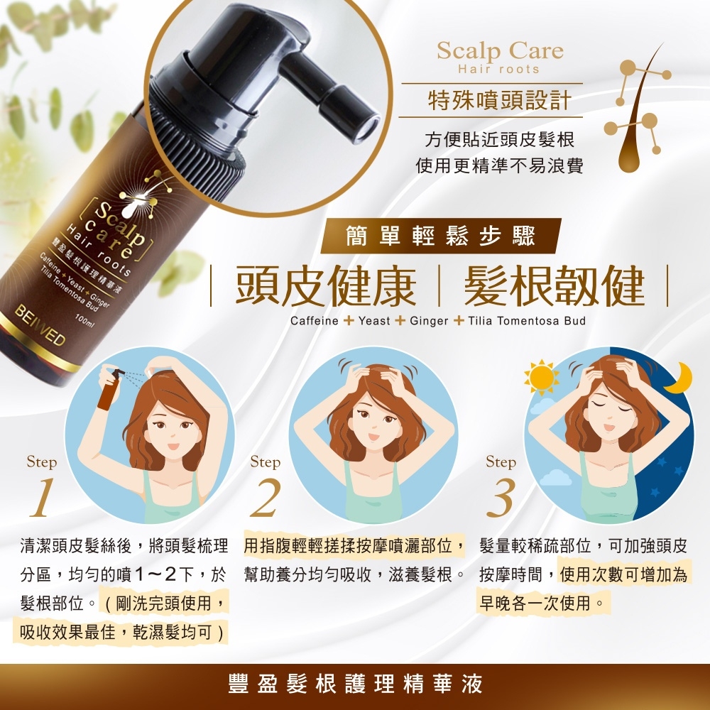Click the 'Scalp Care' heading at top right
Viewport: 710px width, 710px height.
pos(499,51)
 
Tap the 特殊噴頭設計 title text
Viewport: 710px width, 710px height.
pos(499,100)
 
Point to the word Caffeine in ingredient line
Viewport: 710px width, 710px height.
pos(314,321)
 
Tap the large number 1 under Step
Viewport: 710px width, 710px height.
pos(42,498)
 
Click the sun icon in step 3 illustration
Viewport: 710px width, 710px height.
pos(542,377)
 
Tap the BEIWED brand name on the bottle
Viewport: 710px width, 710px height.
pos(38,326)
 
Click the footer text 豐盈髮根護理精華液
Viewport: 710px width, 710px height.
pos(355,684)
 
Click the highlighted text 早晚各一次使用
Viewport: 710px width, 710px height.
pos(544,603)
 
